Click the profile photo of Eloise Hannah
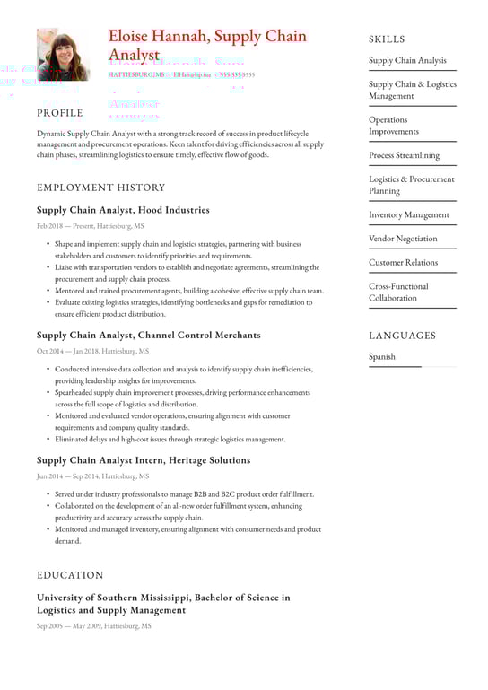point(63,55)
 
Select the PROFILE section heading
point(60,113)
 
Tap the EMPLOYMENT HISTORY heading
point(101,188)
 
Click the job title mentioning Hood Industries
point(123,210)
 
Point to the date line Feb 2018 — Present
point(90,227)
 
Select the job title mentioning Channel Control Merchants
point(149,335)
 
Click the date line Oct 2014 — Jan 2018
point(92,352)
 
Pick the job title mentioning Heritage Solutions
point(144,460)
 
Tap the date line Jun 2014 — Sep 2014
point(92,476)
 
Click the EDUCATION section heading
point(70,575)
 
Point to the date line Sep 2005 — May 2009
point(94,626)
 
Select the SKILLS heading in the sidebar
point(387,39)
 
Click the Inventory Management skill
point(408,215)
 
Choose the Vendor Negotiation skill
point(403,239)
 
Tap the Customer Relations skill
point(403,263)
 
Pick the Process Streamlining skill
point(404,155)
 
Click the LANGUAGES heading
point(402,336)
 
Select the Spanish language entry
point(383,357)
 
